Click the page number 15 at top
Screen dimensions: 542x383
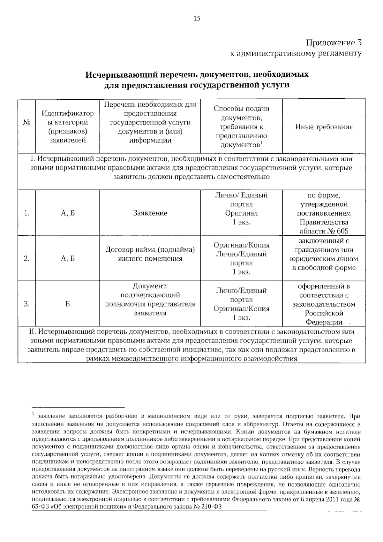tap(197, 19)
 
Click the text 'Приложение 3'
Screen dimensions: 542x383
tap(334, 43)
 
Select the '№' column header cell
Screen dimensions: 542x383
tap(27, 122)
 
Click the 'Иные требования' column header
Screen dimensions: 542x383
tap(324, 127)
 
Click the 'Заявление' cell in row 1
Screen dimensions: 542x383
tap(150, 213)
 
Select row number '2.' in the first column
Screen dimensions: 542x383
tap(27, 258)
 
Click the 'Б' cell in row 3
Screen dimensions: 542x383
tap(68, 304)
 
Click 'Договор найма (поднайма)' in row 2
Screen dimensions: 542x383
tap(150, 249)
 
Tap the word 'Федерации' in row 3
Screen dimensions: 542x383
tap(324, 322)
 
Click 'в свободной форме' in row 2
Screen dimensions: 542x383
tap(324, 268)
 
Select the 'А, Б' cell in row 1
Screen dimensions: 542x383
tap(68, 213)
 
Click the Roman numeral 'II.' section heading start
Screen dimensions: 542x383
tap(33, 332)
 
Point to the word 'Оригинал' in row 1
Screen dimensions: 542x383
tap(241, 213)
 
